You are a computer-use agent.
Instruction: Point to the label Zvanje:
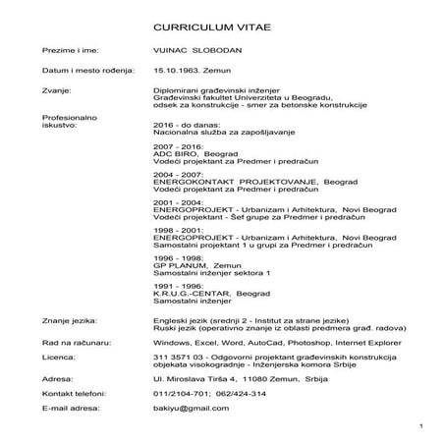56,93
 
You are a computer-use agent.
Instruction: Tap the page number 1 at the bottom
419,426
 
